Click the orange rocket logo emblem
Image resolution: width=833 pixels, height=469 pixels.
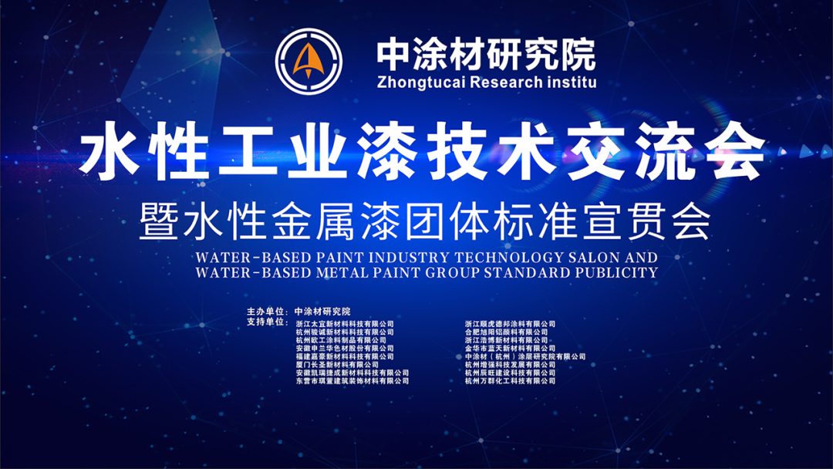tap(309, 61)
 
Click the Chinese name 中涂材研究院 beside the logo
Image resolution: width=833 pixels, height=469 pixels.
tap(486, 53)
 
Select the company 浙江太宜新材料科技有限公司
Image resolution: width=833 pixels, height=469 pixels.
tap(345, 324)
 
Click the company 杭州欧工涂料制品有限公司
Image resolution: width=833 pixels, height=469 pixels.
tap(341, 340)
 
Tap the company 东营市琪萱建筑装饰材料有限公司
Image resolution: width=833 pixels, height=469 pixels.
tap(352, 380)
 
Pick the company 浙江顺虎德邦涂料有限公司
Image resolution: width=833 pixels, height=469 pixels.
tap(510, 324)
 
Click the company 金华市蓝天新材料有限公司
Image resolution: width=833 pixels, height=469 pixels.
tap(510, 349)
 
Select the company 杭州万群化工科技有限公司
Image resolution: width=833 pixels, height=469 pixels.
tap(510, 380)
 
